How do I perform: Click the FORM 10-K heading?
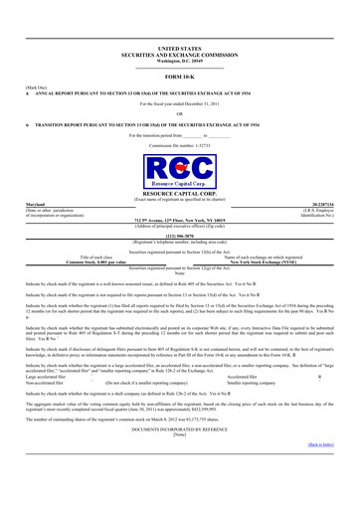coord(179,76)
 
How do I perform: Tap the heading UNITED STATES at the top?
coord(179,47)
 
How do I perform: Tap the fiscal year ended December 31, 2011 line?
coord(179,102)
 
